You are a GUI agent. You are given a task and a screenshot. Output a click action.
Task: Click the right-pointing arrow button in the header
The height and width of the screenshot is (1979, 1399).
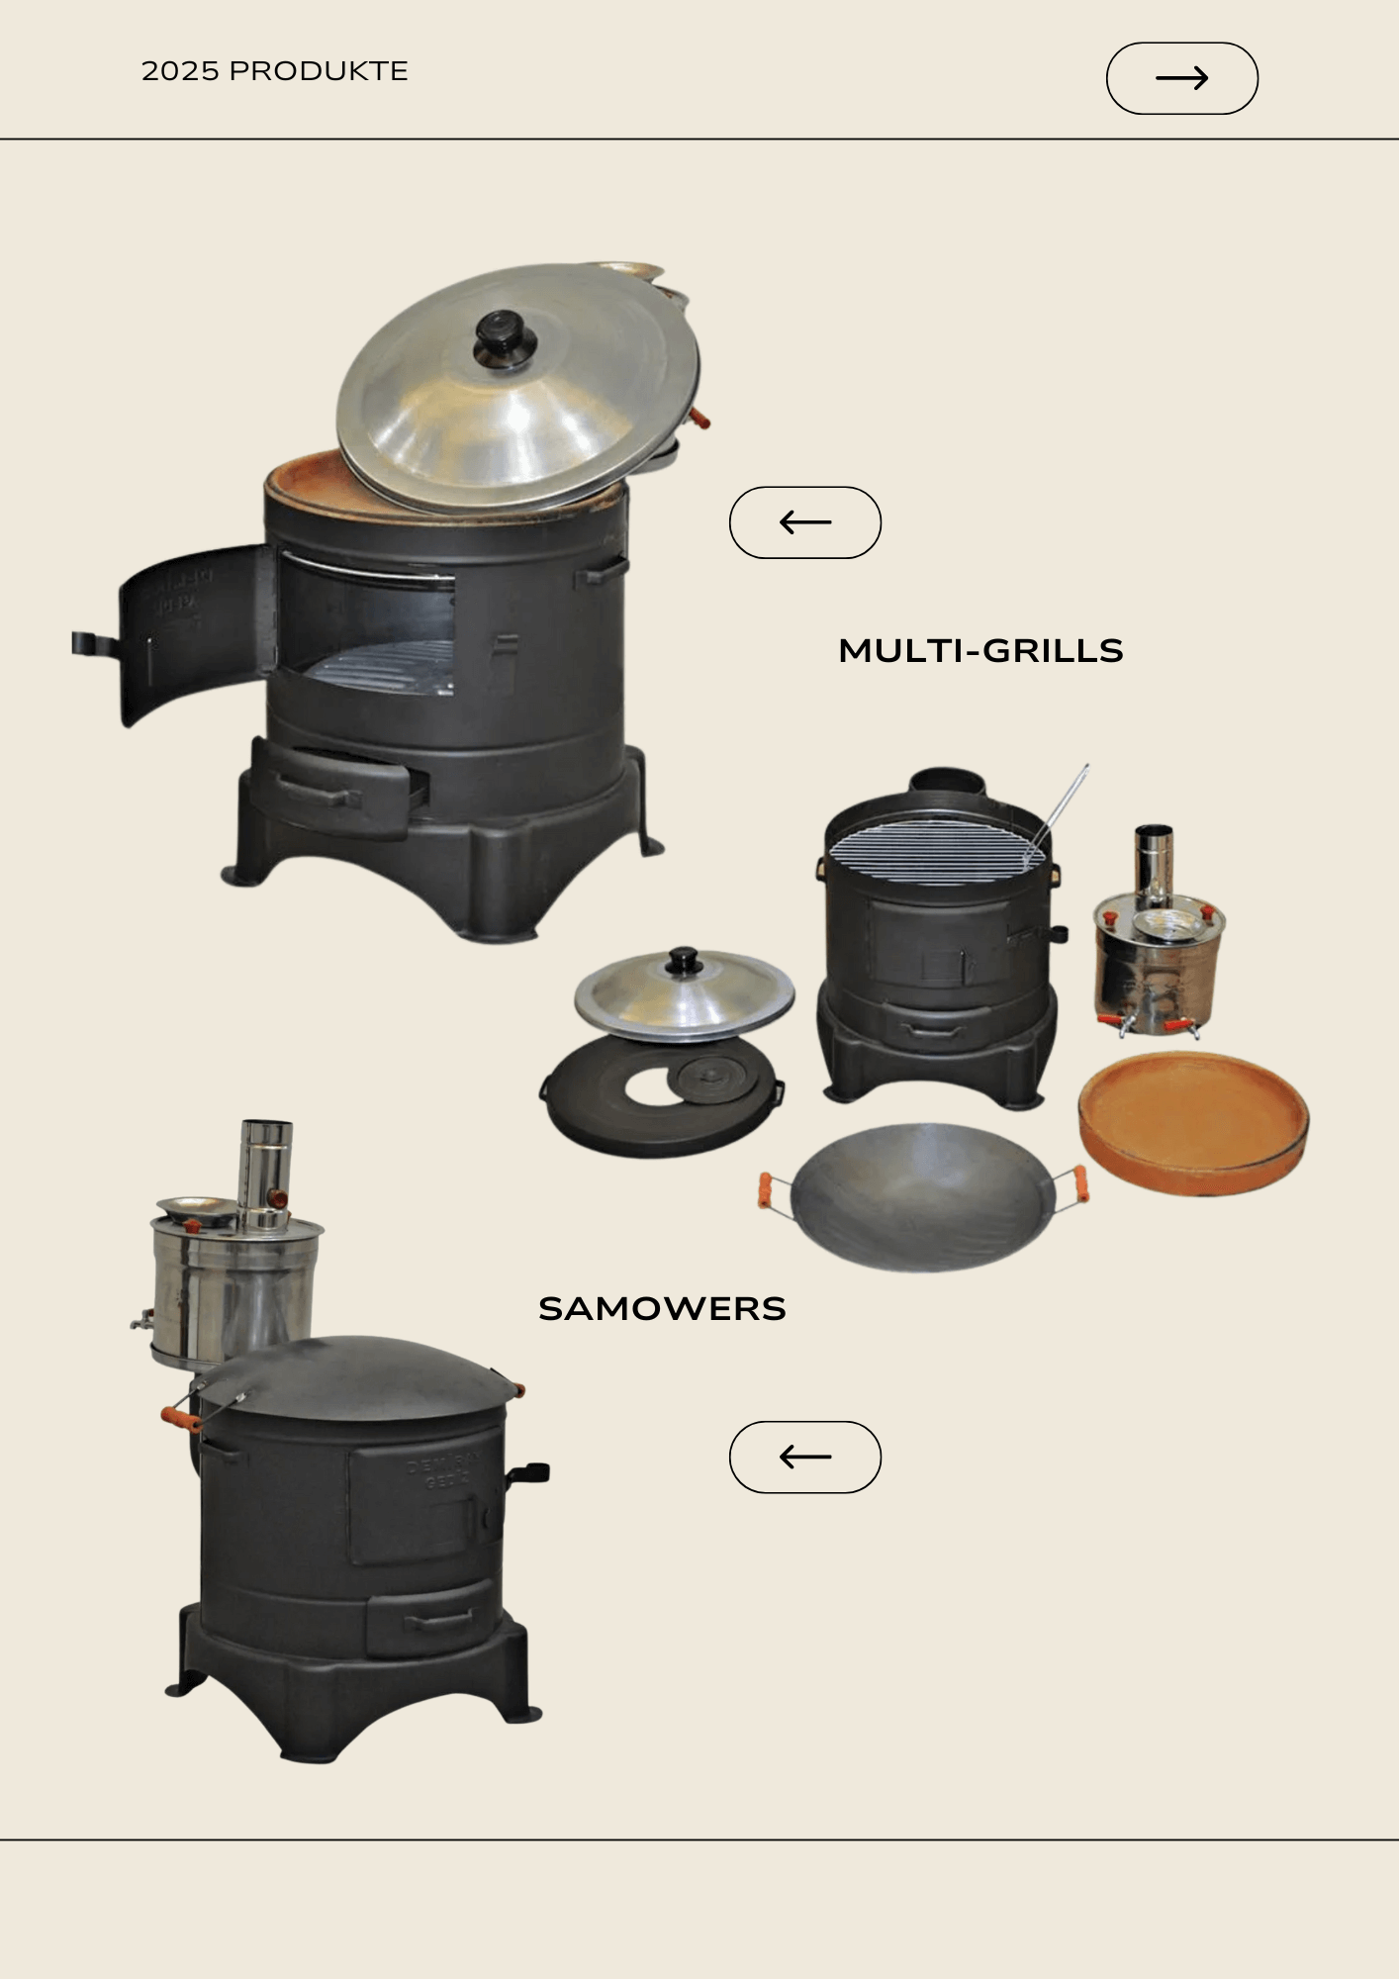pyautogui.click(x=1181, y=78)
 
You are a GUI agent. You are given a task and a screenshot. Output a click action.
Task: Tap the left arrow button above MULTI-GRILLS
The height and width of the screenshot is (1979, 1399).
pyautogui.click(x=804, y=522)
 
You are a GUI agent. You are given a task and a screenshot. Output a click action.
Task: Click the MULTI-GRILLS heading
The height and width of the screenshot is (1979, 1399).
pyautogui.click(x=980, y=651)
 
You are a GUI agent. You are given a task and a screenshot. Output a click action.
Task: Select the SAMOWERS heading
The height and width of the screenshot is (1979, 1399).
pyautogui.click(x=662, y=1308)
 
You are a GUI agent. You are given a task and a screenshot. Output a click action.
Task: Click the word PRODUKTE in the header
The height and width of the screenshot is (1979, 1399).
pyautogui.click(x=319, y=71)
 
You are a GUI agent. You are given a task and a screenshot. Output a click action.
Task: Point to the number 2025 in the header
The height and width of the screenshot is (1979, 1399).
pyautogui.click(x=180, y=71)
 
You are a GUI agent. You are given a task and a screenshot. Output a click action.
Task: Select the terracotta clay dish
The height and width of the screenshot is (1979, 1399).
pyautogui.click(x=1193, y=1123)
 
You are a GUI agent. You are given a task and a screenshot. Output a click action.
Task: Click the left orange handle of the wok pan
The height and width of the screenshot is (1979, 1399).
pyautogui.click(x=765, y=1189)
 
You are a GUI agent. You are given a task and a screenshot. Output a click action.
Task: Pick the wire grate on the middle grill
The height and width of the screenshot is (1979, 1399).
pyautogui.click(x=935, y=851)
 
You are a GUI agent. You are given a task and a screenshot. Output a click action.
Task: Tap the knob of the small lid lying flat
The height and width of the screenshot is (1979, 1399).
pyautogui.click(x=684, y=961)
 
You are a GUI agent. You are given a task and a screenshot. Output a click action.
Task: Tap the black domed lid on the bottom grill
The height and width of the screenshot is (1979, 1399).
pyautogui.click(x=354, y=1377)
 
